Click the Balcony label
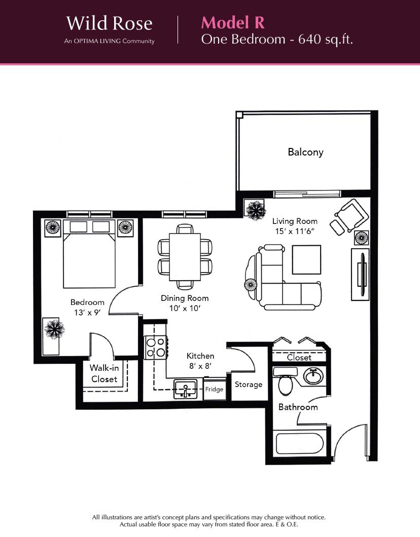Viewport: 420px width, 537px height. point(305,152)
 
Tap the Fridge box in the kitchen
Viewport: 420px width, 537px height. point(215,389)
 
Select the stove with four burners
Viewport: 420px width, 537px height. point(156,348)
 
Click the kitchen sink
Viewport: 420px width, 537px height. point(186,389)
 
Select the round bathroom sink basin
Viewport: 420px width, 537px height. point(313,376)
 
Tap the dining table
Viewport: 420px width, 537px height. point(185,256)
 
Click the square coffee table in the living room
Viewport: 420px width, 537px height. point(306,259)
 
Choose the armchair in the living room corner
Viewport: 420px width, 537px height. point(351,216)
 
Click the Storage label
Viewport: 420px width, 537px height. point(249,385)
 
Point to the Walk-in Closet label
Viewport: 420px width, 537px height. point(104,374)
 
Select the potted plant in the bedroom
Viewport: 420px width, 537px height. point(54,329)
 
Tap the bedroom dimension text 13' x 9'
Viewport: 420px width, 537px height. point(87,313)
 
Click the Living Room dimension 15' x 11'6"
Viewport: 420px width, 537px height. point(295,231)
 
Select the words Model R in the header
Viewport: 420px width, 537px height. point(233,23)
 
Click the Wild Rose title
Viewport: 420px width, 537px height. point(110,23)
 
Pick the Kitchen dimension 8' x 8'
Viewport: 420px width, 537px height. point(200,366)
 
